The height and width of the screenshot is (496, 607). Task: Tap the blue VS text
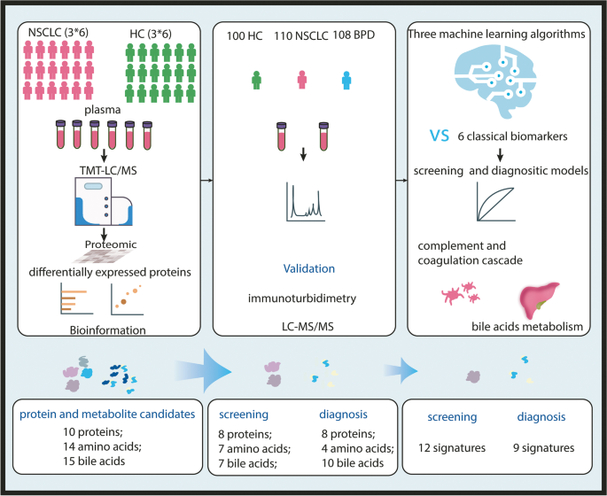(437, 136)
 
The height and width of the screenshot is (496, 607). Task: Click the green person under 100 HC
(257, 81)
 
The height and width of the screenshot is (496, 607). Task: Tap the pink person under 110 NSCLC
(302, 81)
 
